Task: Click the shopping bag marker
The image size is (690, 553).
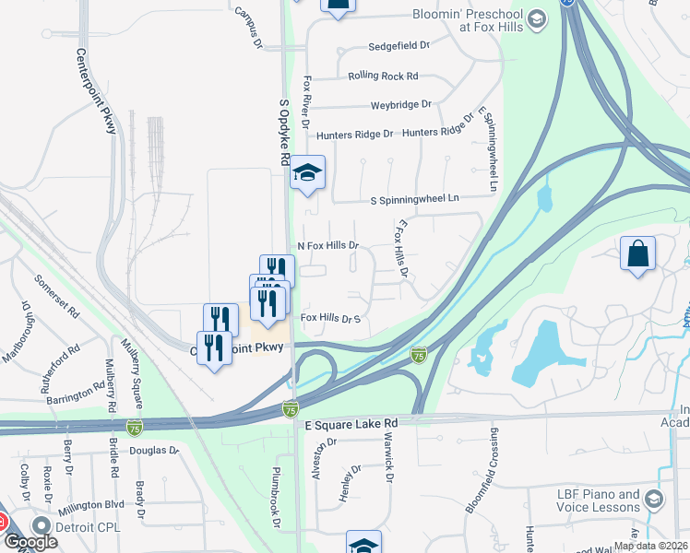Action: [x=638, y=254]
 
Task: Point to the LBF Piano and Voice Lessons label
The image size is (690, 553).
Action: [x=598, y=500]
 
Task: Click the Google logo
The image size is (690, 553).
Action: [x=30, y=542]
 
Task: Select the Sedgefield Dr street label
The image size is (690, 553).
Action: [x=399, y=45]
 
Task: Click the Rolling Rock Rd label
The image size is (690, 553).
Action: [x=383, y=76]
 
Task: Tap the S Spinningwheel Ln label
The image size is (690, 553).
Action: [x=414, y=198]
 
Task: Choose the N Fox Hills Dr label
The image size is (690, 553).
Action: [x=327, y=246]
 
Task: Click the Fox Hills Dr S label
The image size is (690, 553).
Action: [x=329, y=319]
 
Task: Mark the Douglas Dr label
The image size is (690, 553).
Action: [x=153, y=451]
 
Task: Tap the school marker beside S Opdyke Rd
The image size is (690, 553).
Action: [x=308, y=172]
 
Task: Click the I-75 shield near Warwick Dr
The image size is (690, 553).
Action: [x=419, y=355]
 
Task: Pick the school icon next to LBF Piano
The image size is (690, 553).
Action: [x=654, y=500]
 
